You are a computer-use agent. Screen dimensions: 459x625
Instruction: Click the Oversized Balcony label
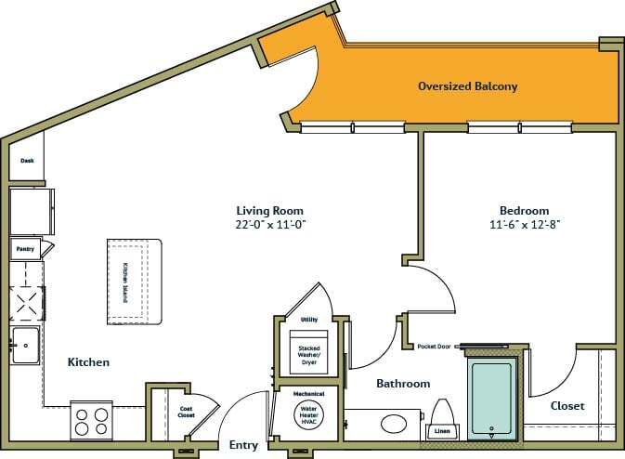[467, 86]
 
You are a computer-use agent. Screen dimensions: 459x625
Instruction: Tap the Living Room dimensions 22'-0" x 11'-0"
[270, 224]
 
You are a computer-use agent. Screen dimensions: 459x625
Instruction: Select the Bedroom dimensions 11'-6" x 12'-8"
[525, 224]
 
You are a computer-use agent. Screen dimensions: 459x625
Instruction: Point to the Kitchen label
[89, 361]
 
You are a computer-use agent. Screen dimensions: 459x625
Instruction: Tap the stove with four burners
[92, 421]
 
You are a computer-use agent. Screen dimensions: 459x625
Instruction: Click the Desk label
[27, 161]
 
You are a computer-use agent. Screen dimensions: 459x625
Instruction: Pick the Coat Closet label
[186, 412]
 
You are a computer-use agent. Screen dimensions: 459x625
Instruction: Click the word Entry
[243, 445]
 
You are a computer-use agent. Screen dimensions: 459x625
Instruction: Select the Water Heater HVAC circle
[308, 414]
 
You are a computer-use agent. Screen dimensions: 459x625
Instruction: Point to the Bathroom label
[402, 383]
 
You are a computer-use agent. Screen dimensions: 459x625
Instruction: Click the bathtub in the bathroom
[490, 397]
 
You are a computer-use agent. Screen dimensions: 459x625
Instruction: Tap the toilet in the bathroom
[443, 414]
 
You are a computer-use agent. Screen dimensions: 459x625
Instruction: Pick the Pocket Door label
[434, 346]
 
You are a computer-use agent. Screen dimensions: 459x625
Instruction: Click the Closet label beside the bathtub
[566, 405]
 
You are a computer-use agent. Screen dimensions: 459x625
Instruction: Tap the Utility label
[309, 320]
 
